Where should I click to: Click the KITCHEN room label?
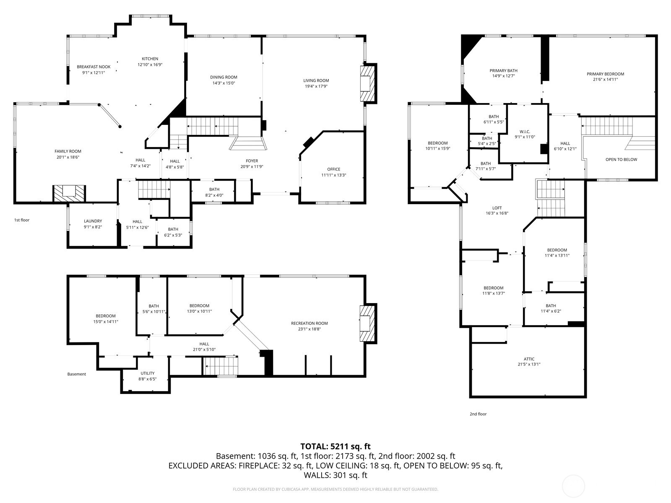150,59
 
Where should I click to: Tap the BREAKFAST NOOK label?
94,67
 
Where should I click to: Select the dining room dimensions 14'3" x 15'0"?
224,83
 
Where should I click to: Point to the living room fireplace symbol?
368,83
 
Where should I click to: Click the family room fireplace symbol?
69,193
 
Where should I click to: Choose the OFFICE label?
333,169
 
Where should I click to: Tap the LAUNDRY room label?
93,221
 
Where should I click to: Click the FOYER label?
252,161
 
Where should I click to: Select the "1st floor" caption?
22,220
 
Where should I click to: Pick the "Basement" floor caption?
76,374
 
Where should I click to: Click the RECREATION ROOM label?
309,323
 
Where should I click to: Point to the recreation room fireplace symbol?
368,324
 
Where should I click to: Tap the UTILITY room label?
147,373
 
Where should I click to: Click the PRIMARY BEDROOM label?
605,74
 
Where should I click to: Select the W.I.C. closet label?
525,132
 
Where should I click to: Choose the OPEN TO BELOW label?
621,159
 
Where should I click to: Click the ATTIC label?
529,359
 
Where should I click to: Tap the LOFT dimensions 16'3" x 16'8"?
497,213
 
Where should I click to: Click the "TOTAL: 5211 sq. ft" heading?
335,446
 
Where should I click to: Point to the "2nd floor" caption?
478,414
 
